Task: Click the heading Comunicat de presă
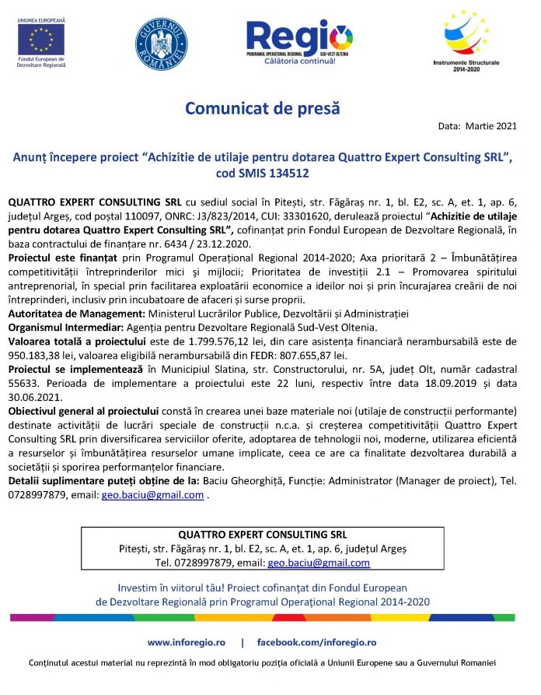262,107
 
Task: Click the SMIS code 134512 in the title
294,170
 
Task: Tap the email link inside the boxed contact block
319,562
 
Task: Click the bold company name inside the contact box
263,535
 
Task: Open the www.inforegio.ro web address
187,642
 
